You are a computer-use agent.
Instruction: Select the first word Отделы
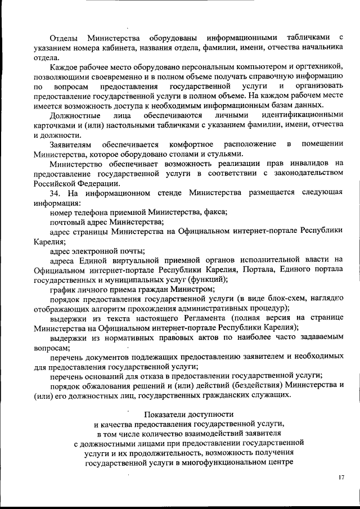tap(63, 38)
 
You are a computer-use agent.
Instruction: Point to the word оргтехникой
tap(322, 66)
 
